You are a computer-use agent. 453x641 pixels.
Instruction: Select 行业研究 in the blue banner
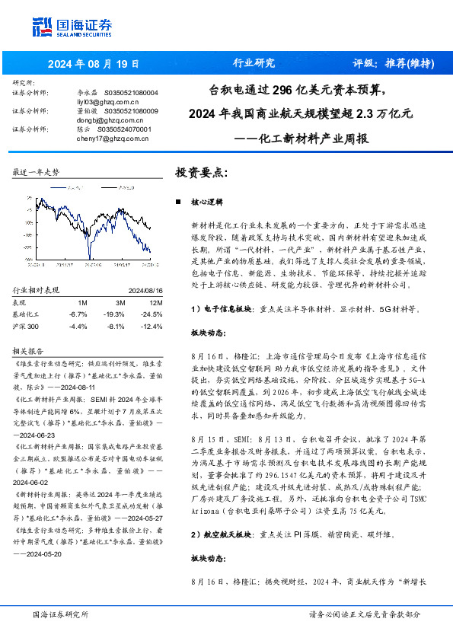[254, 63]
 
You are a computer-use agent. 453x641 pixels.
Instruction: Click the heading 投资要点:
[201, 173]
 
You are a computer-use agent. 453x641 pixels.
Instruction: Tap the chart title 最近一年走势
[37, 173]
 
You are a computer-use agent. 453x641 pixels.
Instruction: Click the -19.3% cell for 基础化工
[114, 314]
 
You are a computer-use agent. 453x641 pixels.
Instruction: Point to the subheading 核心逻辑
[206, 203]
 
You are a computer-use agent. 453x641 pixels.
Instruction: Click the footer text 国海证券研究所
[60, 613]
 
